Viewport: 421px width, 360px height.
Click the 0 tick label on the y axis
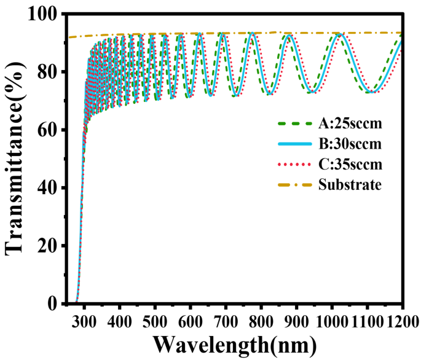(54, 304)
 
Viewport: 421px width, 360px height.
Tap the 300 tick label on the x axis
(85, 320)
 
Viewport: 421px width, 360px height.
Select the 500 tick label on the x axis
(155, 320)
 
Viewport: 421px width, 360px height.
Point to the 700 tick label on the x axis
(226, 320)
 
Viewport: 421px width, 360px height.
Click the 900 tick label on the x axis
(297, 320)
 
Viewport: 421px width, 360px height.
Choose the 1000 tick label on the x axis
(332, 320)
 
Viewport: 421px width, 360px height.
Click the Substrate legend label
(350, 184)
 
